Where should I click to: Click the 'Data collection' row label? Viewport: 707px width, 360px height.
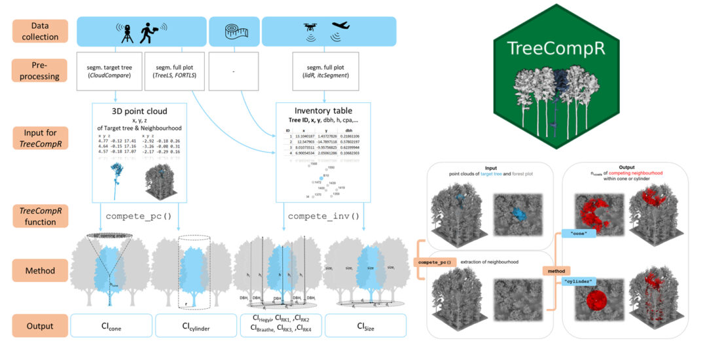click(x=39, y=30)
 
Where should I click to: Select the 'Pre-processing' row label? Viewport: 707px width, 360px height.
click(x=39, y=71)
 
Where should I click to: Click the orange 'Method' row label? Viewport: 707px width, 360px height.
click(x=39, y=269)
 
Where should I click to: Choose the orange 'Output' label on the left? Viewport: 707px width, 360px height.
click(x=39, y=325)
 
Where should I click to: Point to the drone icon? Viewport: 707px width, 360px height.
click(x=311, y=30)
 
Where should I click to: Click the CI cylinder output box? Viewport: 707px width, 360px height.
click(x=196, y=325)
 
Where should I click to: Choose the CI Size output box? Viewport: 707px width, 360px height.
click(x=365, y=325)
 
